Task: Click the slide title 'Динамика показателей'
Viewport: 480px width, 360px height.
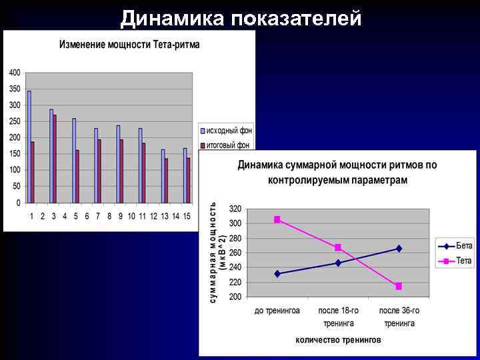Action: [x=241, y=19]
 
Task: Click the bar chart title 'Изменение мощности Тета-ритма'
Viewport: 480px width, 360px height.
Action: [x=129, y=45]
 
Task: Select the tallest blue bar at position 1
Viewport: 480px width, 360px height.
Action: [x=29, y=146]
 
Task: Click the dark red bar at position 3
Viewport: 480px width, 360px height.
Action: [x=55, y=158]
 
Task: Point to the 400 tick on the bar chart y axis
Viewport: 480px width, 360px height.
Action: [x=14, y=72]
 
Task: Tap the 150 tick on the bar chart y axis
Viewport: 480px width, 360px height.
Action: [x=14, y=153]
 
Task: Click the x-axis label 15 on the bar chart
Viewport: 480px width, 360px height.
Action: [x=187, y=216]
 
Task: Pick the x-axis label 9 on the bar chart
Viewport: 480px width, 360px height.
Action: [x=120, y=216]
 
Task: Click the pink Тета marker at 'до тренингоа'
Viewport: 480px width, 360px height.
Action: [x=277, y=219]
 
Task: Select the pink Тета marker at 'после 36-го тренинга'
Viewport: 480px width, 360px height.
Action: [x=399, y=286]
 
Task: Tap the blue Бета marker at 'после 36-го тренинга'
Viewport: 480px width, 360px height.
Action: [x=399, y=249]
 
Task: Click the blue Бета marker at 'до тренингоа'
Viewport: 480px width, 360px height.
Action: [x=277, y=273]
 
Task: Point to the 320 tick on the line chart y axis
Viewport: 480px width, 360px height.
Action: [x=235, y=209]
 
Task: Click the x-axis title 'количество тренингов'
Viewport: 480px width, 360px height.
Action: [x=338, y=339]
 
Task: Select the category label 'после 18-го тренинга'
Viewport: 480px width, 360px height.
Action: [x=338, y=317]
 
